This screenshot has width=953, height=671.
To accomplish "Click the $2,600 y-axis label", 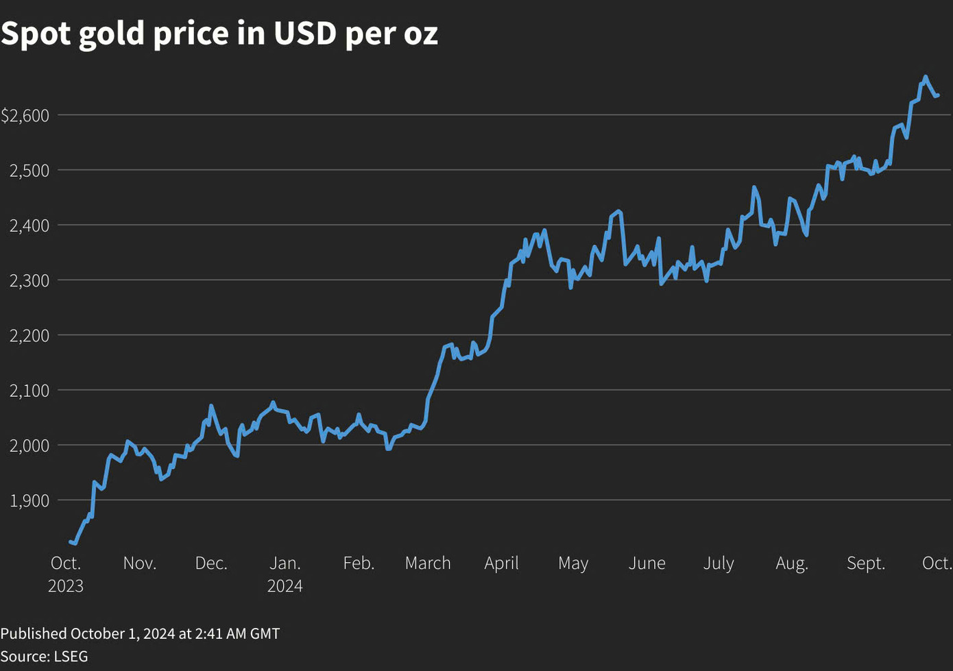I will [x=25, y=115].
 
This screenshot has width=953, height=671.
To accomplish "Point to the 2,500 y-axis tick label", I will [x=29, y=171].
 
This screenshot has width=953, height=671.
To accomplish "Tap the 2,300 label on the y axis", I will [x=29, y=280].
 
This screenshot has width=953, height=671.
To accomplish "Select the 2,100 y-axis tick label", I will [x=29, y=391].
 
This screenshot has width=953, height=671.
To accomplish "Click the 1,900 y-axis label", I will [x=29, y=501].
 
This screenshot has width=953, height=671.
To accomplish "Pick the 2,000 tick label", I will [x=29, y=446].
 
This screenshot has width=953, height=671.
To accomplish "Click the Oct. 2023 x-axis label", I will [x=66, y=574].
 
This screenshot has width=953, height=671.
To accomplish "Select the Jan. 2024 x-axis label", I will [x=285, y=574].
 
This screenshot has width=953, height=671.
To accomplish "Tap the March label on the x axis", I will [x=428, y=563].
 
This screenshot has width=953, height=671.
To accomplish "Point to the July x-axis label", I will [x=719, y=563].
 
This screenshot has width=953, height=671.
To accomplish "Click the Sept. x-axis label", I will [x=866, y=563].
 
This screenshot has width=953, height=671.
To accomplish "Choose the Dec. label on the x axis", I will [x=210, y=563].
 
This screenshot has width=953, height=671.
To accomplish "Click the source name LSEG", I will [x=70, y=656].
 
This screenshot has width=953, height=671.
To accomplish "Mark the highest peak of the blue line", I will [x=925, y=77].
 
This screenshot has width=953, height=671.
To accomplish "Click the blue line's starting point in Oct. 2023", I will [x=71, y=541].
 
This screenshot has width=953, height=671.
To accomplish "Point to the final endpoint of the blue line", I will [x=937, y=95].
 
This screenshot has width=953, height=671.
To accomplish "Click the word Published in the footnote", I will [x=34, y=633].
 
